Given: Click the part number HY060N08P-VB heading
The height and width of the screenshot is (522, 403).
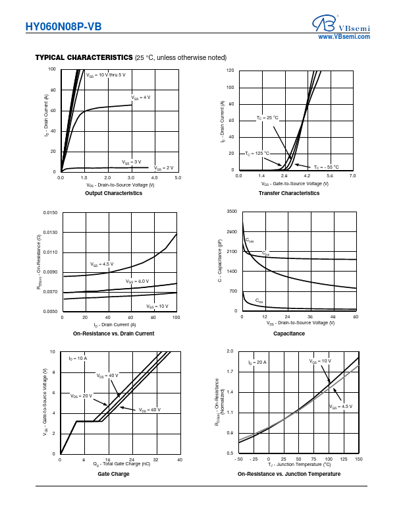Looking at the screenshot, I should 64,27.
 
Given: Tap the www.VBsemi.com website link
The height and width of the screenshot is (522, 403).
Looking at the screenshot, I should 344,38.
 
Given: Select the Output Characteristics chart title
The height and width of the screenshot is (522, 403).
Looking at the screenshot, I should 114,193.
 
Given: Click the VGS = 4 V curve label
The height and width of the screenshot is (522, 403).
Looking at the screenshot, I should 141,98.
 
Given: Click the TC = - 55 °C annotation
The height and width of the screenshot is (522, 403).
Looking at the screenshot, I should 326,167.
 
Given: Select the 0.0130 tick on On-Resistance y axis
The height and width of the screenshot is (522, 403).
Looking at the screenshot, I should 49,233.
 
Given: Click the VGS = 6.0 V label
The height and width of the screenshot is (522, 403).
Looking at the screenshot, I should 137,281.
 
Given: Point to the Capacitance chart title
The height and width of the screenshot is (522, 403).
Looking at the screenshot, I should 289,333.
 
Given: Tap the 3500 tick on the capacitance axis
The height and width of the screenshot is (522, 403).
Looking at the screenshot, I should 231,212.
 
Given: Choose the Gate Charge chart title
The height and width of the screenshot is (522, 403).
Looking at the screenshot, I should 113,474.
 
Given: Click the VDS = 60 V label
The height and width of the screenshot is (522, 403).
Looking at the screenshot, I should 150,410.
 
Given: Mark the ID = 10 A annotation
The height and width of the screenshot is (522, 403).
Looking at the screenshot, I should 78,358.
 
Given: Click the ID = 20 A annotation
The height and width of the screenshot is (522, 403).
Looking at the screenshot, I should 257,362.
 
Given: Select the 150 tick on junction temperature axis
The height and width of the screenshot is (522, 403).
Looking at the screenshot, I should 358,459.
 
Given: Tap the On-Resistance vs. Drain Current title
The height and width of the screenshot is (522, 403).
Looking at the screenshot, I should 114,333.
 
